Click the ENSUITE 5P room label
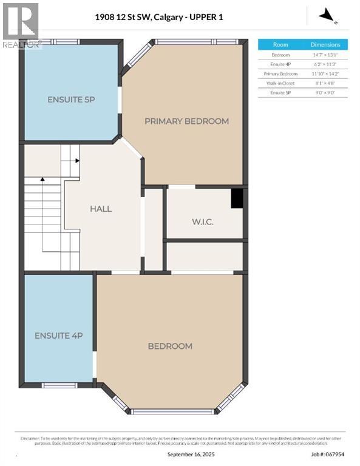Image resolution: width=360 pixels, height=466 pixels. coord(71,99)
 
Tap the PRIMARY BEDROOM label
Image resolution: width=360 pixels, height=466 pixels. coord(186,121)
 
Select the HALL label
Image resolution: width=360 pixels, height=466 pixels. coord(101,209)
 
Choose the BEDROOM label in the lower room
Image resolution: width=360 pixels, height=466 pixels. coord(170,346)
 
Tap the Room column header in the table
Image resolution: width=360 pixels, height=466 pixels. coord(280,45)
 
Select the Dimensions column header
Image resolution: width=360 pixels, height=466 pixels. coord(325,45)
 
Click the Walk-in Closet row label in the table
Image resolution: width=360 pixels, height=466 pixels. coord(280,83)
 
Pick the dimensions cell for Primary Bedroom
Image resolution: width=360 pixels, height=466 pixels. coord(325,73)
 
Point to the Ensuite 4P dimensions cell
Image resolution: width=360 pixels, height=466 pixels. coord(325,64)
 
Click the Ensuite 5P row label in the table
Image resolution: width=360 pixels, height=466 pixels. coord(280,92)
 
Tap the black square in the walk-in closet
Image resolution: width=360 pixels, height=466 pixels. coord(237,198)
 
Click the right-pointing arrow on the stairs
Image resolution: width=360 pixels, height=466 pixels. coord(77,161)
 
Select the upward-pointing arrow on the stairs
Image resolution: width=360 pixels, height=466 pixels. coord(42,180)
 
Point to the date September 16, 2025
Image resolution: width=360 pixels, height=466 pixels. coord(191,454)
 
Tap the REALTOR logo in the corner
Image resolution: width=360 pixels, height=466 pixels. coord(20,24)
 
